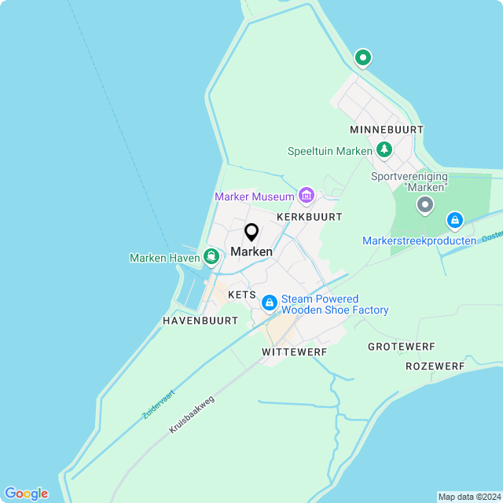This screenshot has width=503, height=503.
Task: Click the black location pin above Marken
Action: pyautogui.click(x=251, y=233)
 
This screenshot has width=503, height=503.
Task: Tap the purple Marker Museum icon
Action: pyautogui.click(x=307, y=195)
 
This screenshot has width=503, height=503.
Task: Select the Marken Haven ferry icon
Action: pyautogui.click(x=211, y=256)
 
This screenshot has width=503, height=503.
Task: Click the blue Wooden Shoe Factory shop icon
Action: pyautogui.click(x=269, y=303)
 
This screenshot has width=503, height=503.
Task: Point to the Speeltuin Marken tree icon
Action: pyautogui.click(x=384, y=149)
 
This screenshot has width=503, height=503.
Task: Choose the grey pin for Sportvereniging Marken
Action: pyautogui.click(x=425, y=206)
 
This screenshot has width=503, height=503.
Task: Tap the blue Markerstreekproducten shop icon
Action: pyautogui.click(x=455, y=220)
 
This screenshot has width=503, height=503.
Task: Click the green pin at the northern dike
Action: pyautogui.click(x=362, y=57)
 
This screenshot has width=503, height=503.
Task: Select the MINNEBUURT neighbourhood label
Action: pyautogui.click(x=387, y=129)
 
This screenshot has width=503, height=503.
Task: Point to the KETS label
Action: pyautogui.click(x=242, y=295)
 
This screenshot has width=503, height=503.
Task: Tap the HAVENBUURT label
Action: pyautogui.click(x=200, y=321)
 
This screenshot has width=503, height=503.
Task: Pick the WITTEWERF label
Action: pyautogui.click(x=295, y=352)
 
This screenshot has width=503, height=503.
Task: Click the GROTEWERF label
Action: pyautogui.click(x=401, y=347)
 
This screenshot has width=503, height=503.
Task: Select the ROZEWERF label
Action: pyautogui.click(x=435, y=366)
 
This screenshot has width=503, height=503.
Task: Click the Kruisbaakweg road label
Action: pyautogui.click(x=191, y=415)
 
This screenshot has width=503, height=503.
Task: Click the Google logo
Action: pyautogui.click(x=26, y=494)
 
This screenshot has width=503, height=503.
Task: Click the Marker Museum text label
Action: pyautogui.click(x=255, y=196)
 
